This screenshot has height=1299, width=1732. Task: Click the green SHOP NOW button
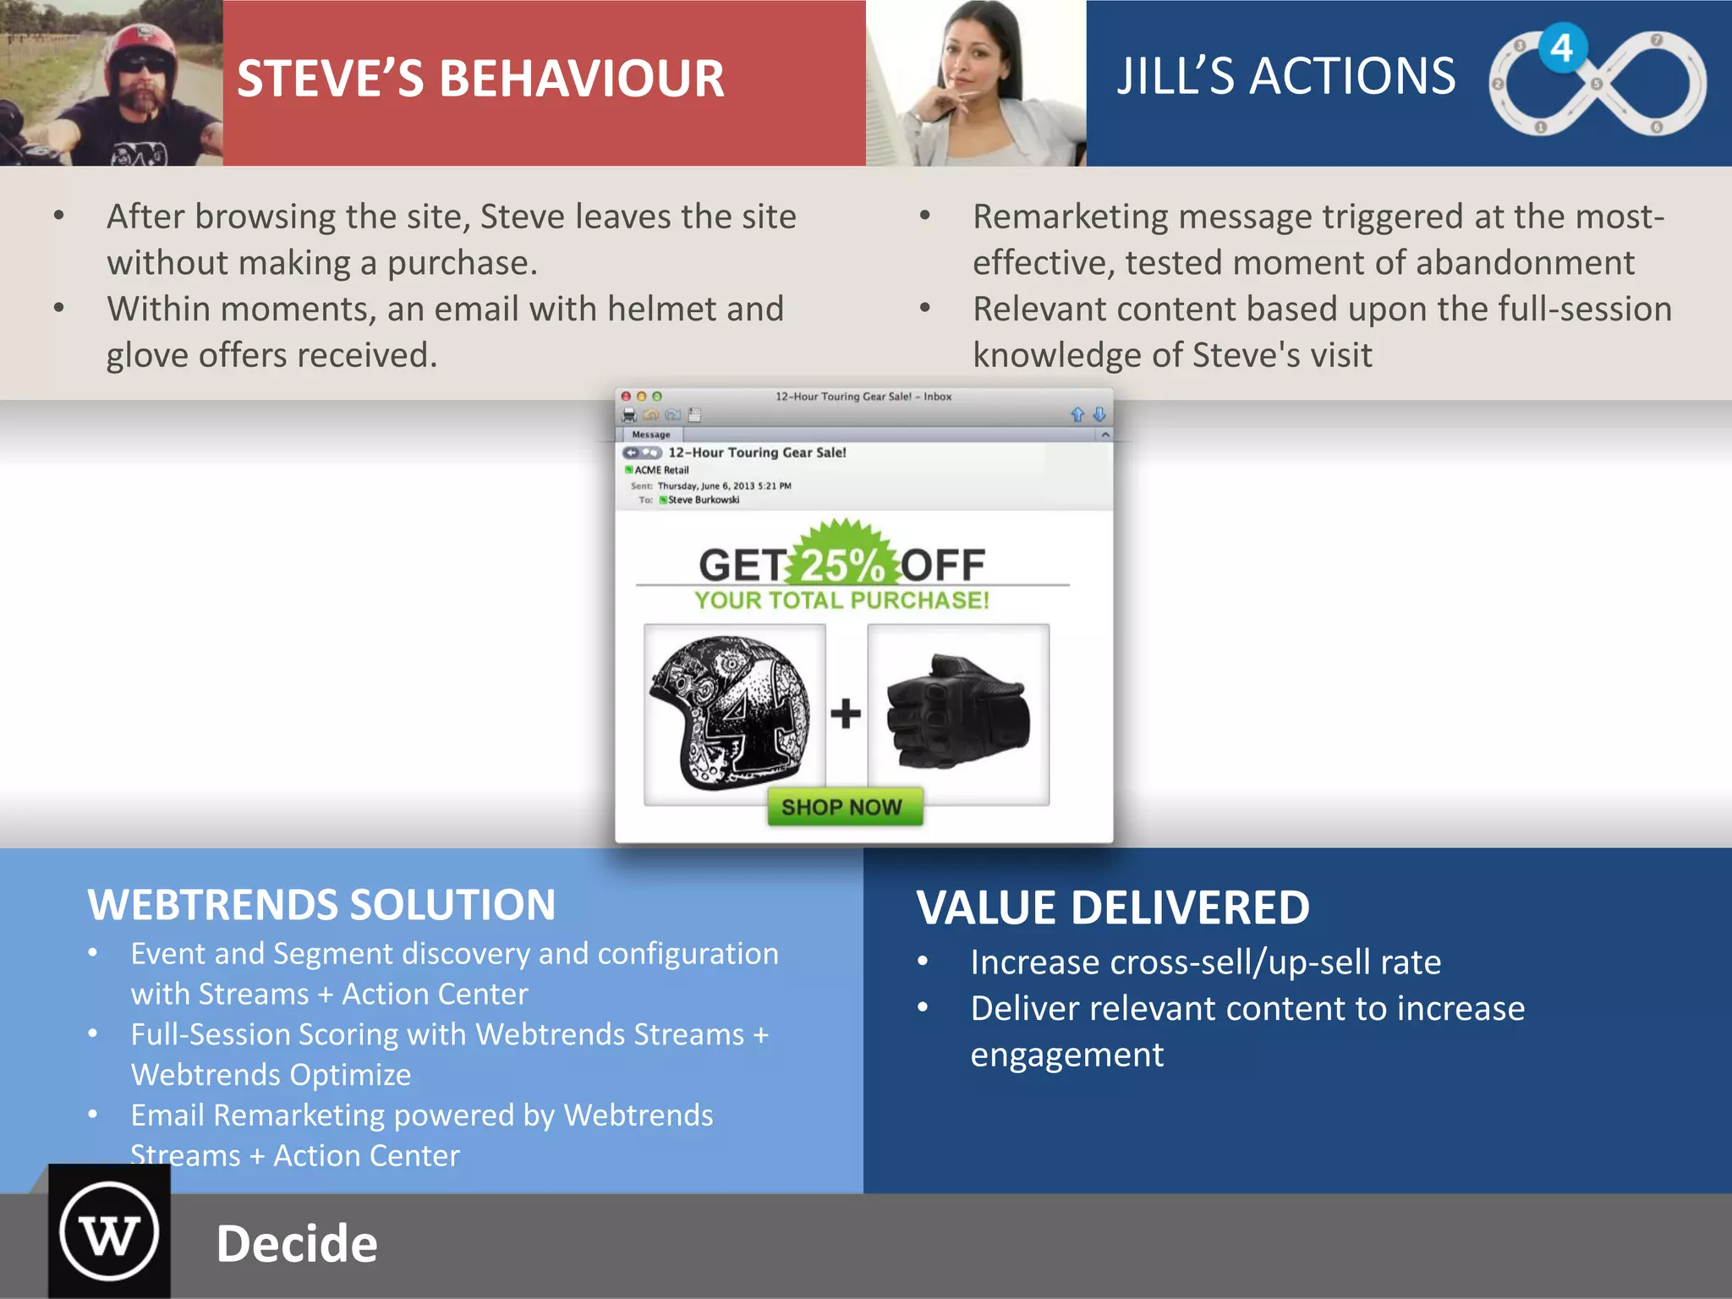coord(843,807)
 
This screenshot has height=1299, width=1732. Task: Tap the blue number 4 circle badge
coord(1561,48)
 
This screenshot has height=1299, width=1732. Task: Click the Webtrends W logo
coord(109,1233)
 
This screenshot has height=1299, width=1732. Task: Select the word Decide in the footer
coord(297,1244)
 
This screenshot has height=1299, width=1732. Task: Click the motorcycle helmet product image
coord(732,714)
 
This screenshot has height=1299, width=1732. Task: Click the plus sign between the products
coord(846,714)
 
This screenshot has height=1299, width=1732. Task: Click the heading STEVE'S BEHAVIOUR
coord(480,79)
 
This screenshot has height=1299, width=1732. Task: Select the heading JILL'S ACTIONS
coord(1285,76)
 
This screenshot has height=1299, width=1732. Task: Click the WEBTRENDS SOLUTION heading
coord(321,905)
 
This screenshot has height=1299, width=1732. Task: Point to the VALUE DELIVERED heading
coord(1113,908)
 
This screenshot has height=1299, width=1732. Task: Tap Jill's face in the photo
coord(972,59)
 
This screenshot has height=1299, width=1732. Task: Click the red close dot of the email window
coord(626,396)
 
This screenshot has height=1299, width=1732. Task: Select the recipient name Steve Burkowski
coord(704,500)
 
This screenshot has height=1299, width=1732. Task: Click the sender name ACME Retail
coord(661,470)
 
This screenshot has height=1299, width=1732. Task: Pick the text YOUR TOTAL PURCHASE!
coord(841,600)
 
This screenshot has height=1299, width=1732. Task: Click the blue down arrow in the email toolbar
coord(1099,414)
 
